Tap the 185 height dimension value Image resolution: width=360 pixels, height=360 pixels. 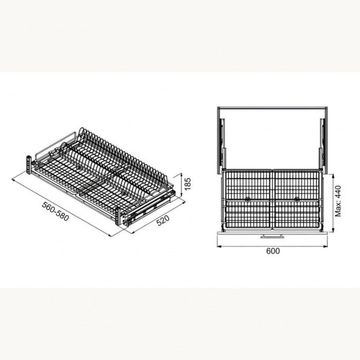pyautogui.click(x=189, y=182)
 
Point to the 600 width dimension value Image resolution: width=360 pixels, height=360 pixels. pyautogui.click(x=273, y=251)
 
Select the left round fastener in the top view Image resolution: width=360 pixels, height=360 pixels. pyautogui.click(x=249, y=200)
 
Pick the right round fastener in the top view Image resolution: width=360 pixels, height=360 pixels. pyautogui.click(x=296, y=200)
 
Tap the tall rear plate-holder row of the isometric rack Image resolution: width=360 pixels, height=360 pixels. pyautogui.click(x=122, y=145)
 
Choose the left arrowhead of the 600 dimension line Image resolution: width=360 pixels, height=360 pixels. pyautogui.click(x=217, y=244)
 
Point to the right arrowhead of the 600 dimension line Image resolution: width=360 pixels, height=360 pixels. pyautogui.click(x=328, y=244)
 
